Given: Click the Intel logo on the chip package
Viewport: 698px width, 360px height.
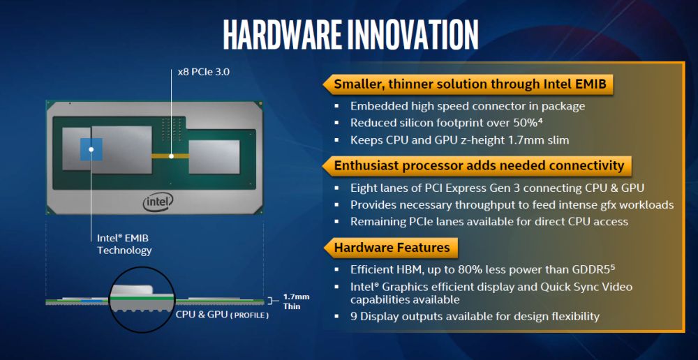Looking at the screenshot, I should coord(158,202).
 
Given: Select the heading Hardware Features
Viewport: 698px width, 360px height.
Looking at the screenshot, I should coord(392,247).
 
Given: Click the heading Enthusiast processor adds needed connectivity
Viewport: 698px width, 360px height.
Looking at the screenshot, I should coord(479,166).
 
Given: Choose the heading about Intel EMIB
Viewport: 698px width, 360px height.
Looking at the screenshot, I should coord(473,85).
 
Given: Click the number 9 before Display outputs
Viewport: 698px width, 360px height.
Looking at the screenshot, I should coord(354,317).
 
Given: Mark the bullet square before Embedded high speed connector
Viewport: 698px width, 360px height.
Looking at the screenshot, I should coord(336,107).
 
